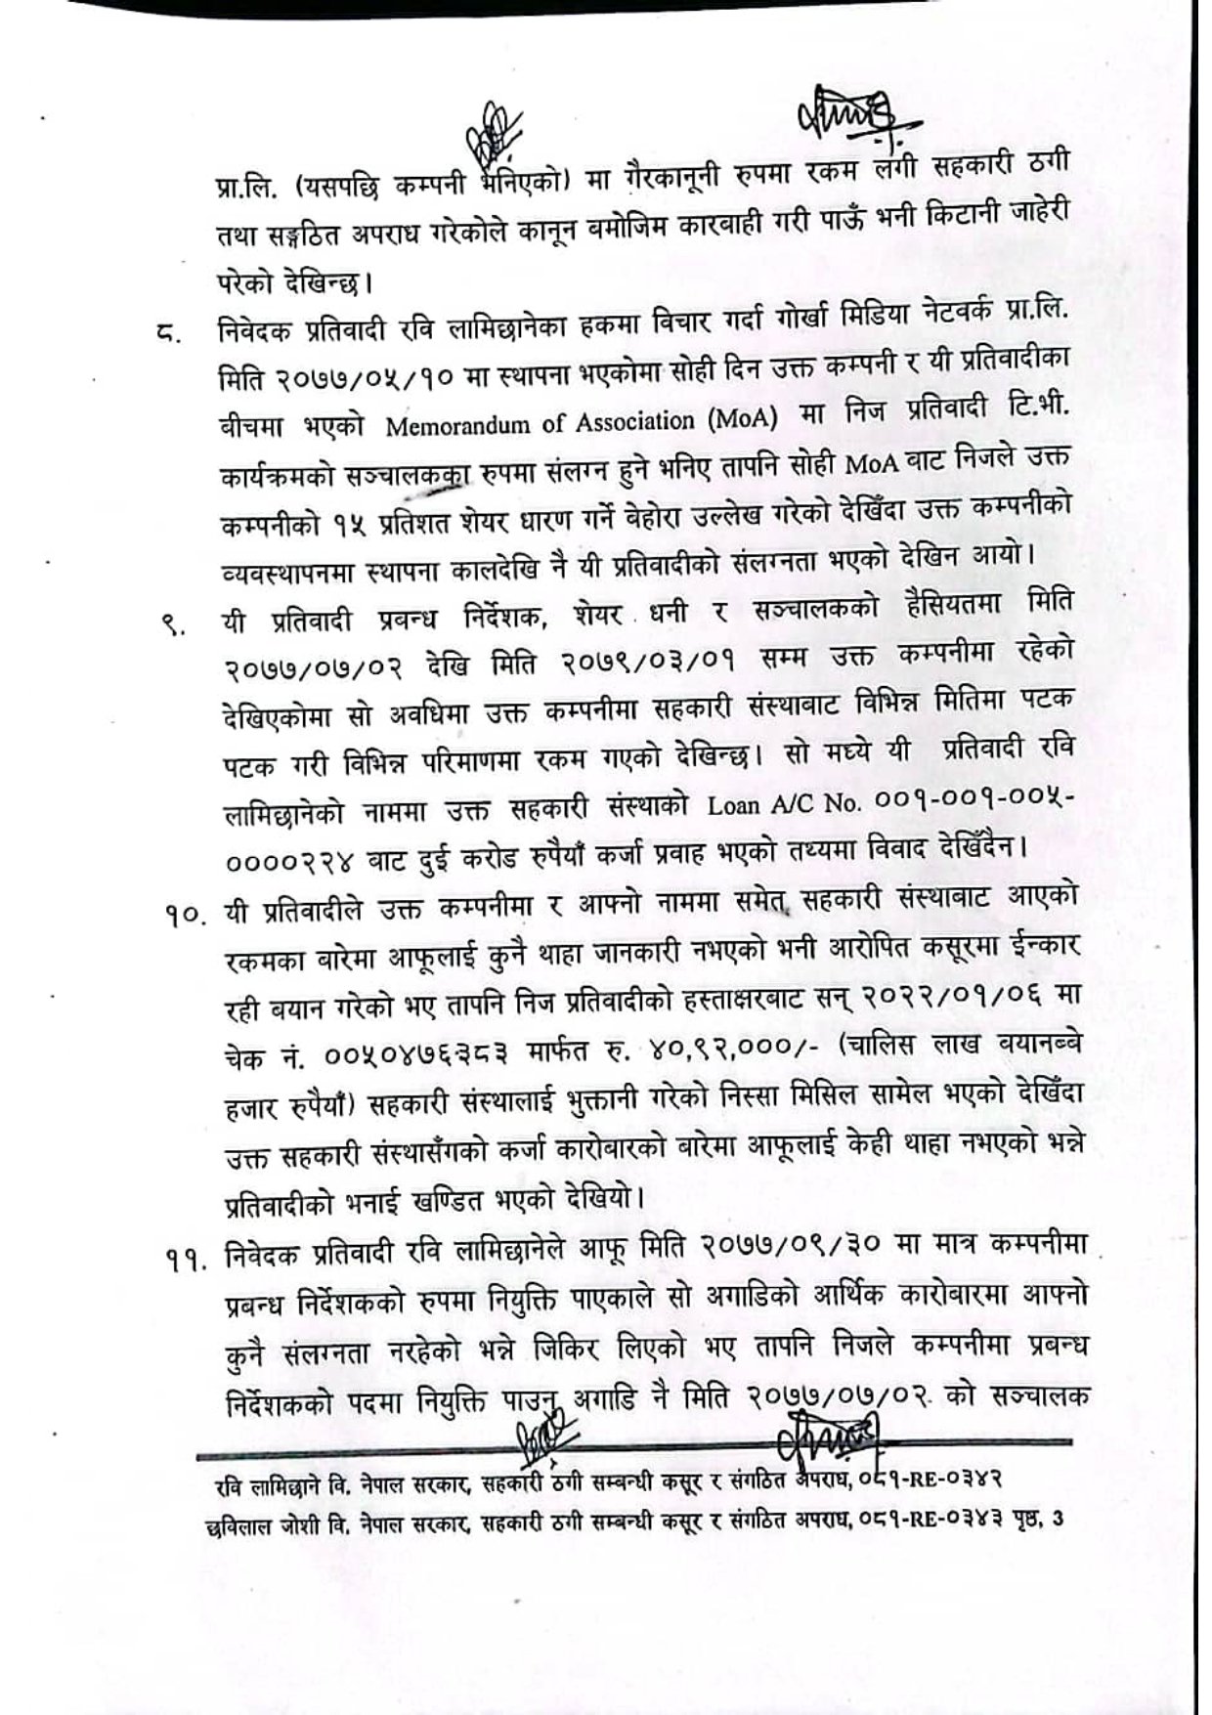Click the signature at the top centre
tap(497, 137)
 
